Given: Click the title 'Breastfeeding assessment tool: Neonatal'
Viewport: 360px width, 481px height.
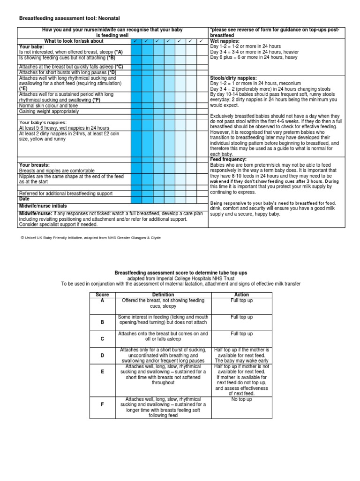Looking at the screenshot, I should (69, 18).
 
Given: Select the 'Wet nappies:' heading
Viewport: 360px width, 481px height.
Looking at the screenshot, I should (225, 41).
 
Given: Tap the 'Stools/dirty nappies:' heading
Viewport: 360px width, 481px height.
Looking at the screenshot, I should (233, 78).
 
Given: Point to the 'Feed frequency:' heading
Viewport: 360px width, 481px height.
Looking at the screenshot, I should (229, 160).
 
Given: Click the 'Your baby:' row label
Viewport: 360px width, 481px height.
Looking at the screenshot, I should (31, 47).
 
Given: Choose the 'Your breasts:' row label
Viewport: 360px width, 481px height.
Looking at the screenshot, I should (34, 165).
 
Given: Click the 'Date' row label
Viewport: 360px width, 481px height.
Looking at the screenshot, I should (24, 199).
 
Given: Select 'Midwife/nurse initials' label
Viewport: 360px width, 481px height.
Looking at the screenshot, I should (43, 206).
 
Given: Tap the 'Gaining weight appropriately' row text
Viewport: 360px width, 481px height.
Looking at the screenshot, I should (49, 111).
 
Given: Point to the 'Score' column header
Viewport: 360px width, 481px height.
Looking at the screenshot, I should (102, 295).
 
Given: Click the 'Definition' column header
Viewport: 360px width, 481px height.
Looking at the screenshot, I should (163, 295).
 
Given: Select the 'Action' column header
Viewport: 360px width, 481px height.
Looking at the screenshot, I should (241, 295).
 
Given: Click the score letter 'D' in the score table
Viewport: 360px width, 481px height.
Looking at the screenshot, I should (102, 356).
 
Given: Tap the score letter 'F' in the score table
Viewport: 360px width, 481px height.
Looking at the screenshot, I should (102, 403).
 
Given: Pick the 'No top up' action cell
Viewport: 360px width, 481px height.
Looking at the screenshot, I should (241, 399).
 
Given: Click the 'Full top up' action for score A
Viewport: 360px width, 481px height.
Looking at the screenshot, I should (241, 300).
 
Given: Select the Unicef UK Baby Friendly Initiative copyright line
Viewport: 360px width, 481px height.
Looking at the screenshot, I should (90, 238).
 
